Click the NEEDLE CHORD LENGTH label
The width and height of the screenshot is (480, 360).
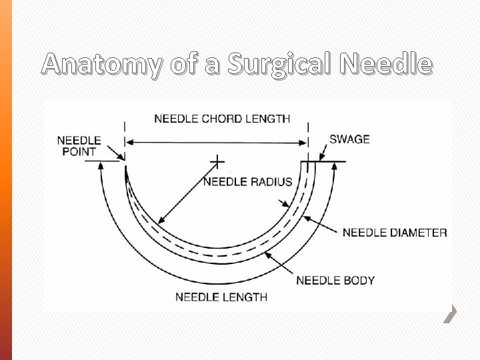pos(222,119)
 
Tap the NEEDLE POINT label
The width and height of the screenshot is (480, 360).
pos(79,146)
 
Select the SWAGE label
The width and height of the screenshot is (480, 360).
pos(349,139)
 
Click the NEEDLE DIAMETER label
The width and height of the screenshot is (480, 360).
pos(394,233)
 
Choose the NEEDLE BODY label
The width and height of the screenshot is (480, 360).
pos(335,280)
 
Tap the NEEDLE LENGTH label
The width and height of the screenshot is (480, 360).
pos(221,297)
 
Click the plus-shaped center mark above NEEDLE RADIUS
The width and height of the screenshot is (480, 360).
pos(217,161)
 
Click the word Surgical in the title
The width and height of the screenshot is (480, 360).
pos(279,65)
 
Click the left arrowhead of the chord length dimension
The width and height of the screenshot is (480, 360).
pos(129,142)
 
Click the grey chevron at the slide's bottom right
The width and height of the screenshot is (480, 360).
pos(451,313)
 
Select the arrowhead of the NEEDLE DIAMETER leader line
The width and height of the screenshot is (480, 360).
pos(306,217)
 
